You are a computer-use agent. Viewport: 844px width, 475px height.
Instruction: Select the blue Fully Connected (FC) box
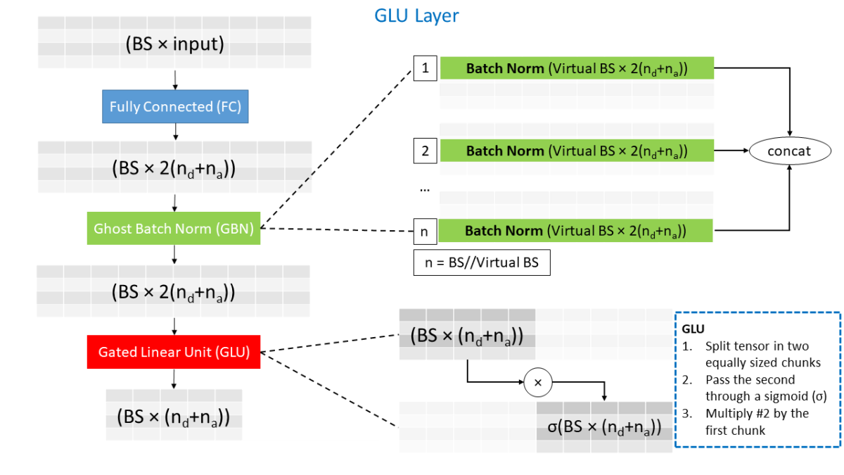click(174, 107)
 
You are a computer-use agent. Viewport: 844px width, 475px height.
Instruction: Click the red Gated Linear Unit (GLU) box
click(174, 352)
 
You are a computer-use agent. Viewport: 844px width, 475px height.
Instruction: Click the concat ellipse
click(788, 151)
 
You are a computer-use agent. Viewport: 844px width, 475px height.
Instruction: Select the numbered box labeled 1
click(425, 69)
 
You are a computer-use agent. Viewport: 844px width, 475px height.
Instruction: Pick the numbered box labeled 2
click(425, 151)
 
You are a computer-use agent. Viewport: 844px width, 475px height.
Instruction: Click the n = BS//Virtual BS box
click(482, 262)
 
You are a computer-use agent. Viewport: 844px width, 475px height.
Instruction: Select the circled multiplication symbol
click(538, 382)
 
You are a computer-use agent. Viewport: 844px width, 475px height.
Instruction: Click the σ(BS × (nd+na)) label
click(604, 427)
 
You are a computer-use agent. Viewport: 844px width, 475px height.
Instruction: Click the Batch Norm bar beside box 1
click(577, 69)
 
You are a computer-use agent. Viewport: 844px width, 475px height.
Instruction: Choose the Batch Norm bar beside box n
click(577, 231)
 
